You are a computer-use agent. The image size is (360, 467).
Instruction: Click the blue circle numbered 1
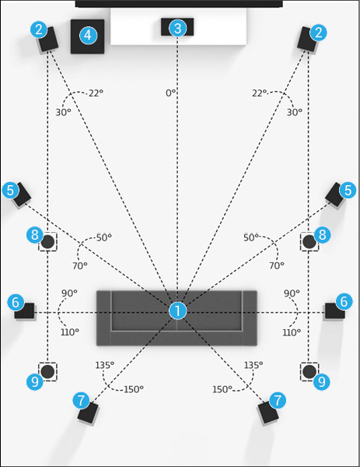177,311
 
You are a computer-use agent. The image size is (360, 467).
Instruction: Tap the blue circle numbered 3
177,28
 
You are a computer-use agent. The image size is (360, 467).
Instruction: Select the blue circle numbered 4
88,36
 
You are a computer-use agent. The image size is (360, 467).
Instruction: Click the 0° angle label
171,93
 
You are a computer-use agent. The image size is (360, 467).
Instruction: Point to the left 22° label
96,93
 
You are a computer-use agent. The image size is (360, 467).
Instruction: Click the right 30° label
294,112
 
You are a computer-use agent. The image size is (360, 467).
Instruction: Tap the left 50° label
104,237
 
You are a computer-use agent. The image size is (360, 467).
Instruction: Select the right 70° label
276,265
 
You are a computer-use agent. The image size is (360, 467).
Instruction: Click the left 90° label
69,293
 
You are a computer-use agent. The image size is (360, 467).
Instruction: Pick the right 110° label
292,332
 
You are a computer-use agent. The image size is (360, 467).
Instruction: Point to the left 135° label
105,365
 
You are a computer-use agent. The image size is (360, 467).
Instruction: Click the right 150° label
222,389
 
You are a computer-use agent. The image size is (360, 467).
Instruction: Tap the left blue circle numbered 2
39,30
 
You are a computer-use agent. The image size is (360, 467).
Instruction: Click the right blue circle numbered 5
348,191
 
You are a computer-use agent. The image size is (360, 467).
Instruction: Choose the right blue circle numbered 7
278,400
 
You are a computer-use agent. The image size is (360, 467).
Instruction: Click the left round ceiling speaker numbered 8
47,241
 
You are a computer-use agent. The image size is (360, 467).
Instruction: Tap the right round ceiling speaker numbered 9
309,372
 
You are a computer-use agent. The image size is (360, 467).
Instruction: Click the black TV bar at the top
179,4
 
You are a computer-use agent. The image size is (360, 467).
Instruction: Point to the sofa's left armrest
104,318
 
